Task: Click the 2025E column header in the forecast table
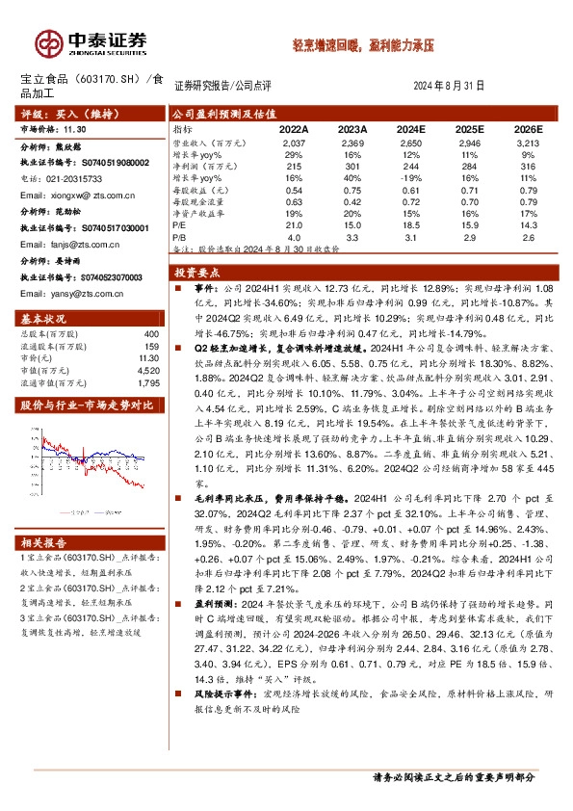coord(469,128)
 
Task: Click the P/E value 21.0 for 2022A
coord(295,223)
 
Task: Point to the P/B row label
coord(178,235)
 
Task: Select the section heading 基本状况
coord(43,318)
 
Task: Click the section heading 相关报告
coord(43,543)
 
